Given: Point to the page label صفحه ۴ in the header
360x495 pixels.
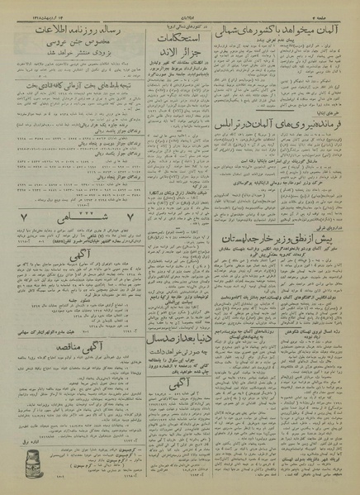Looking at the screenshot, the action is [x=339, y=11].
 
